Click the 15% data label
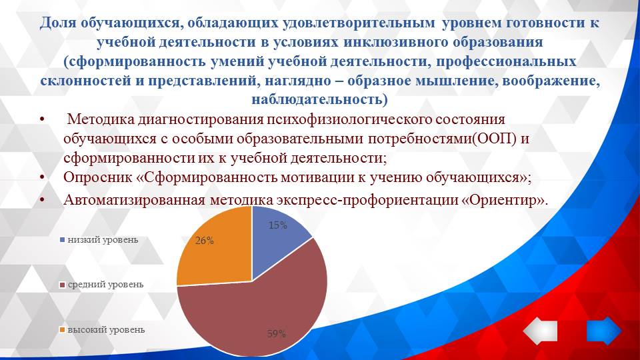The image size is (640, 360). (277, 225)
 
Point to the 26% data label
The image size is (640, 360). (205, 241)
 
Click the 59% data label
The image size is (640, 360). (276, 334)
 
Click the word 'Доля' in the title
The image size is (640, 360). (59, 23)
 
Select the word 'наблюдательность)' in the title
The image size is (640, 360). (319, 100)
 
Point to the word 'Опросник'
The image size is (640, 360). (93, 178)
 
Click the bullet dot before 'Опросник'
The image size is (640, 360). (43, 178)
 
